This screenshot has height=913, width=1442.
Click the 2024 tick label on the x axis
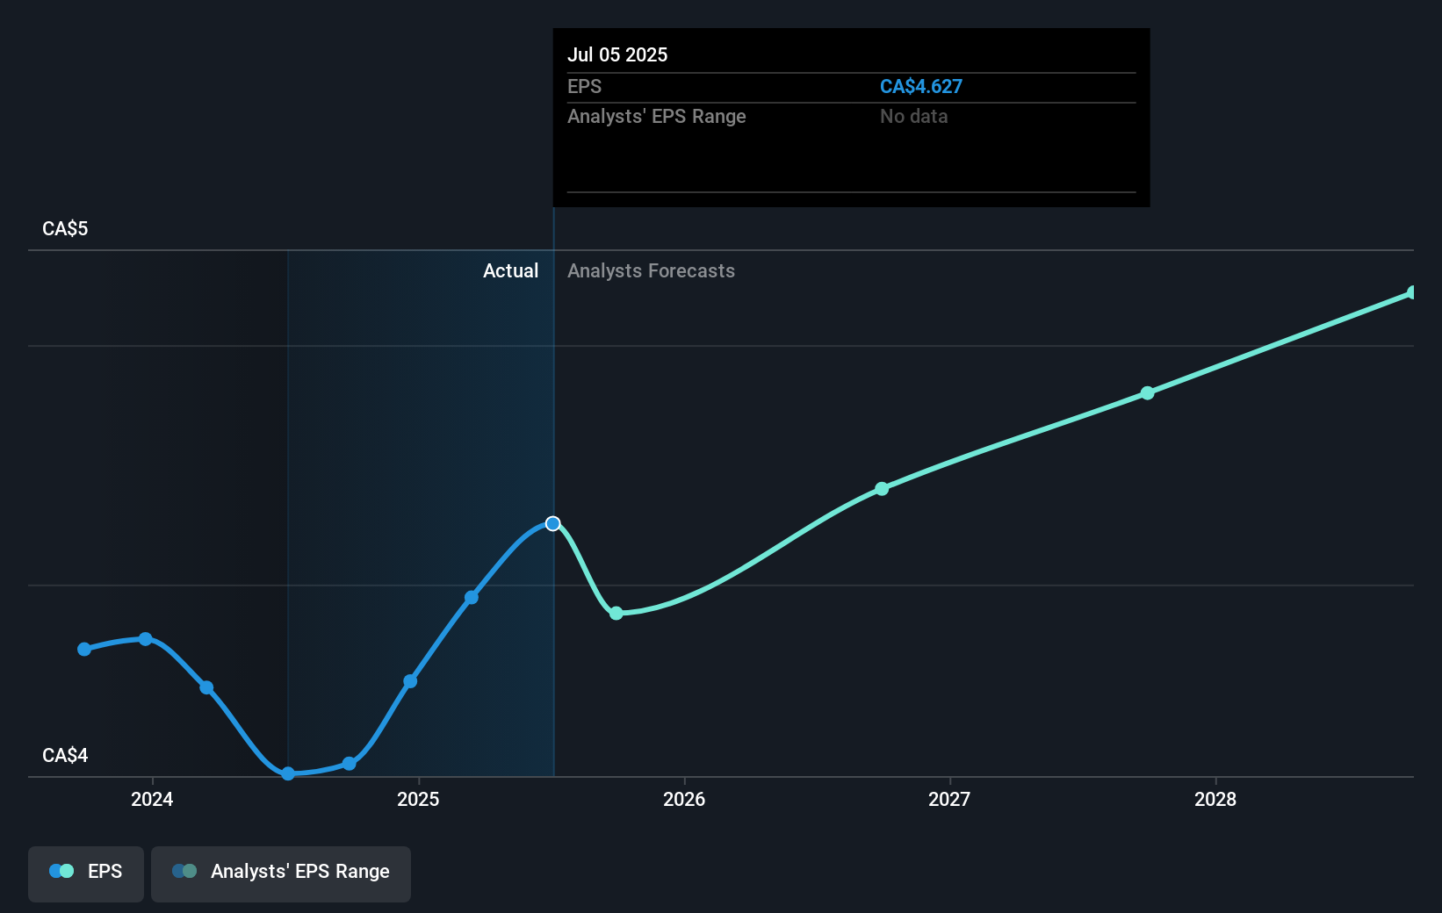pos(152,799)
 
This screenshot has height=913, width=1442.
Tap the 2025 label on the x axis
pos(418,799)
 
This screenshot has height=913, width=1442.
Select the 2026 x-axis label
pos(684,799)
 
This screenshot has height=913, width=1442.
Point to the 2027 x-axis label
pos(949,799)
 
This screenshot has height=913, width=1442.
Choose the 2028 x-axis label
pos(1215,799)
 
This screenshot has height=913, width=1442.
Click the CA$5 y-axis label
pos(65,228)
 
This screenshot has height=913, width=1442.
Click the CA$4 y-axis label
pos(65,755)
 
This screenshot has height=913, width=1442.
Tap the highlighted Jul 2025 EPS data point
pos(552,523)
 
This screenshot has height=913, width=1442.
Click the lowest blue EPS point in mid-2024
pos(288,773)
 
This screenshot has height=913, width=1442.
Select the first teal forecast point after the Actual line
pos(616,613)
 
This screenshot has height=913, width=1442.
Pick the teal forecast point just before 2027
pos(882,489)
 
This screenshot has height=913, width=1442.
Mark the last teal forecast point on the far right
pos(1412,292)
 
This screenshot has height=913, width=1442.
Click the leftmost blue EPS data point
pos(84,650)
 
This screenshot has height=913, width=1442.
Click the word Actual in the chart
pos(510,270)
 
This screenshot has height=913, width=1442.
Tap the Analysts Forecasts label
pos(651,270)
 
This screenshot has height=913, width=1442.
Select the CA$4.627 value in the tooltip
pos(920,86)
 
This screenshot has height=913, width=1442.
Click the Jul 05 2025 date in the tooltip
pos(617,54)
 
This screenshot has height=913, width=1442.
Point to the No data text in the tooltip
pos(913,116)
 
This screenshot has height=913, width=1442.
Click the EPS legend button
pos(86,872)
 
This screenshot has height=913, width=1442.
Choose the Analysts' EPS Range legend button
pos(281,872)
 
